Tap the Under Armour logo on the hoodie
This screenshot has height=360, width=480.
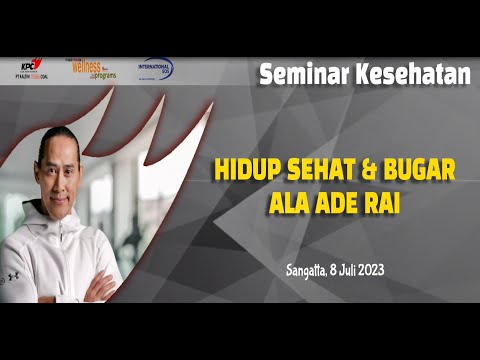(x=12, y=276)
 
